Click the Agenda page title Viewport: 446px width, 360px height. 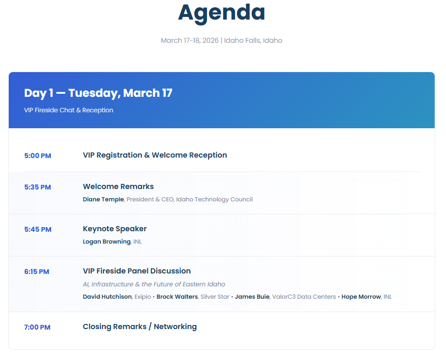[221, 13]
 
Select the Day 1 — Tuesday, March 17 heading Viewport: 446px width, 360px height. [98, 93]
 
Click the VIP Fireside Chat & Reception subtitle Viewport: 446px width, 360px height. [68, 110]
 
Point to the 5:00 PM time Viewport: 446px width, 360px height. [38, 156]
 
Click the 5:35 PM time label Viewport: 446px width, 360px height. [38, 187]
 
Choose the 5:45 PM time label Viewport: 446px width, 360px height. [38, 230]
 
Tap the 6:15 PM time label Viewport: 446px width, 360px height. [37, 271]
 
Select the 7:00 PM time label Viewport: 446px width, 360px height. [37, 328]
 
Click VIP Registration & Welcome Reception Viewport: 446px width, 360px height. [155, 155]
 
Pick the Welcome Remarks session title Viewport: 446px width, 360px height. [118, 186]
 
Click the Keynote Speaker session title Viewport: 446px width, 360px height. [115, 229]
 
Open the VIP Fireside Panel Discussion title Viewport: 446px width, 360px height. [137, 271]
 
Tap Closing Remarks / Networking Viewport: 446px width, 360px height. [140, 327]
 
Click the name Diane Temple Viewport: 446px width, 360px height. [103, 199]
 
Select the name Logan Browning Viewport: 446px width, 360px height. [107, 242]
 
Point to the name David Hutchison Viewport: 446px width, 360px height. [107, 297]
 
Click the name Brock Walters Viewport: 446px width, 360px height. [177, 297]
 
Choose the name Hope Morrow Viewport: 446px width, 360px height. [361, 297]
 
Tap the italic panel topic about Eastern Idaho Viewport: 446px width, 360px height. [154, 284]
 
